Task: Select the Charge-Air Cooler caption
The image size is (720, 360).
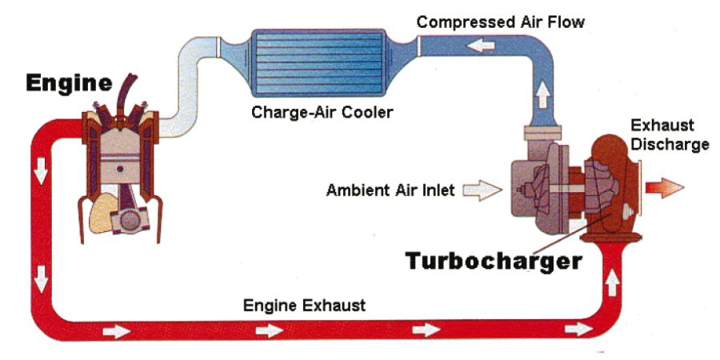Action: (322, 112)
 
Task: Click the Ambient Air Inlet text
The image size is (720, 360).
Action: (390, 190)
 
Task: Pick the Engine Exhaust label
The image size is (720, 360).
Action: (304, 305)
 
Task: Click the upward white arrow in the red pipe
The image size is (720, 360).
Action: (614, 282)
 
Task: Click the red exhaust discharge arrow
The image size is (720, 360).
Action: (664, 188)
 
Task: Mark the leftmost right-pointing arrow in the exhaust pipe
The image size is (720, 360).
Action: (116, 330)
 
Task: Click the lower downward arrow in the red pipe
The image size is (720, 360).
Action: (41, 281)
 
